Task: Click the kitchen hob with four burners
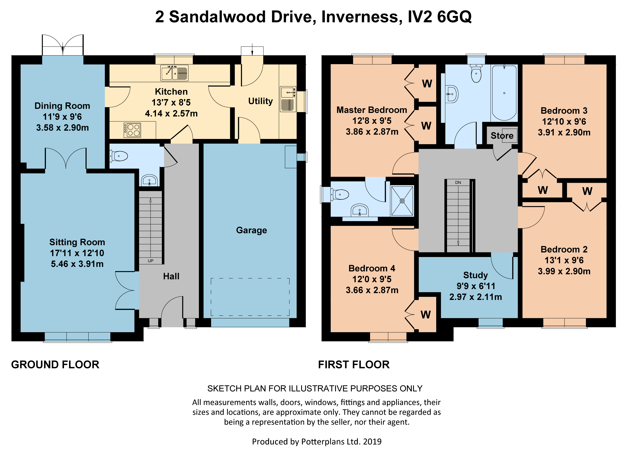pyautogui.click(x=132, y=130)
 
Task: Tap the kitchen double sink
pyautogui.click(x=174, y=73)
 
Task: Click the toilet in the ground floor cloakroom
pyautogui.click(x=119, y=156)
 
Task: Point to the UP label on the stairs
pyautogui.click(x=151, y=261)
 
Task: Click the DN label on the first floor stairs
pyautogui.click(x=458, y=182)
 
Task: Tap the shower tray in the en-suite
pyautogui.click(x=402, y=201)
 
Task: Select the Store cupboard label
pyautogui.click(x=502, y=136)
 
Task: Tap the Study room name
pyautogui.click(x=475, y=275)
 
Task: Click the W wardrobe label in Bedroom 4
pyautogui.click(x=426, y=314)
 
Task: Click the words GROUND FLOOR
pyautogui.click(x=55, y=365)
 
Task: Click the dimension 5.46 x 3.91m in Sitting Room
pyautogui.click(x=77, y=264)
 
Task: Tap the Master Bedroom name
pyautogui.click(x=372, y=110)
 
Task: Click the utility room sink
pyautogui.click(x=288, y=99)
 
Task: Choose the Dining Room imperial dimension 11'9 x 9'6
pyautogui.click(x=62, y=117)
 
